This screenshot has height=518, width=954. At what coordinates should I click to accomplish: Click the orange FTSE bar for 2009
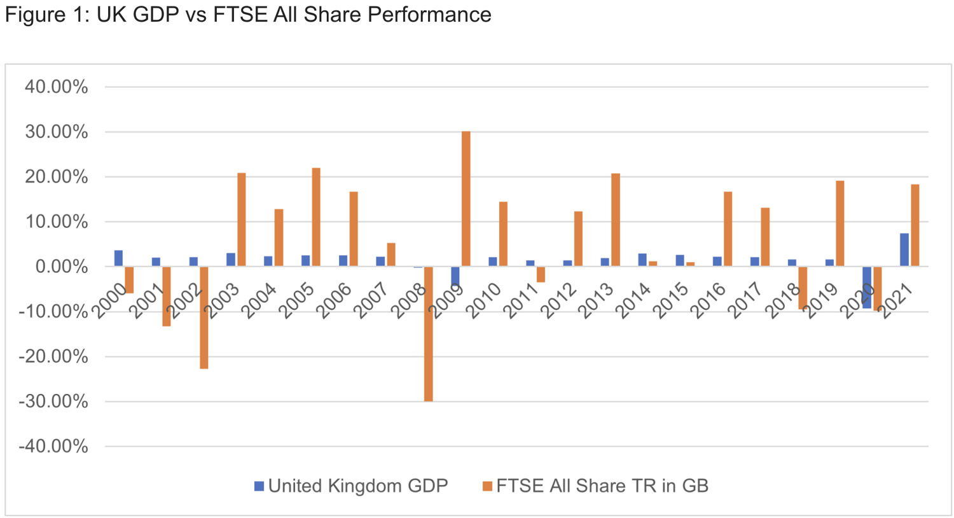(x=466, y=199)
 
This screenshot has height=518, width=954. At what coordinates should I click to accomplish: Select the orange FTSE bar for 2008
(x=429, y=333)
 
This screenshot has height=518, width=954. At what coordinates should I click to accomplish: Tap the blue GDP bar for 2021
(x=904, y=249)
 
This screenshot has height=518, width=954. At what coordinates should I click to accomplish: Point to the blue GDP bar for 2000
(x=119, y=258)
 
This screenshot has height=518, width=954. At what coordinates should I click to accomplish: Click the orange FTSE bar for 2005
(x=316, y=217)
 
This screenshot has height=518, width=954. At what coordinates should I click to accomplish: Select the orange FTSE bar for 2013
(x=616, y=220)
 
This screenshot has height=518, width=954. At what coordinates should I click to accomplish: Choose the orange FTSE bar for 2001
(x=167, y=296)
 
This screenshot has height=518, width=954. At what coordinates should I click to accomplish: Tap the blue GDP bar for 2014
(x=642, y=260)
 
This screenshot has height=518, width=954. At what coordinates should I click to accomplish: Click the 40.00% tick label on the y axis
(x=57, y=87)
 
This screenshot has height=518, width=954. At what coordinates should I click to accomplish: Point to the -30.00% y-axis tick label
(x=53, y=402)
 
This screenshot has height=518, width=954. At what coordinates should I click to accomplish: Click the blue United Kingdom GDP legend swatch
(x=259, y=486)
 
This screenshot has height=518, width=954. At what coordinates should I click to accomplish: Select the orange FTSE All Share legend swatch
(x=488, y=486)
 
